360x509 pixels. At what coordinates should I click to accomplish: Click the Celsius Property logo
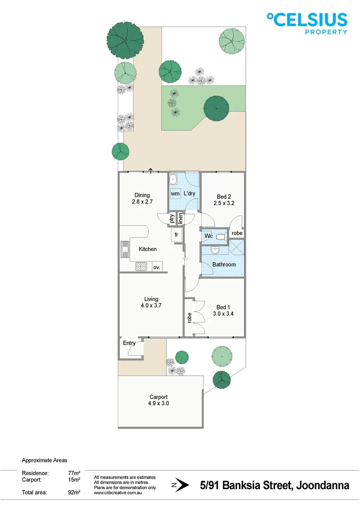click(x=307, y=23)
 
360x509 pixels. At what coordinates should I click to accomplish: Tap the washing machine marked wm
click(x=175, y=194)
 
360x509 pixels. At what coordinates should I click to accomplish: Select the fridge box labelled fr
click(x=176, y=234)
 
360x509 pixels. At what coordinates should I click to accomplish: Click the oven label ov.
click(x=156, y=267)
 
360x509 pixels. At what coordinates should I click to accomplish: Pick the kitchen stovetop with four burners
click(x=141, y=267)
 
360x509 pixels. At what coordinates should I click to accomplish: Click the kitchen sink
click(x=125, y=250)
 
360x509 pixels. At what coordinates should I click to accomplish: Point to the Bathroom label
click(x=224, y=264)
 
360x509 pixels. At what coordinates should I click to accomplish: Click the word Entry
click(x=129, y=343)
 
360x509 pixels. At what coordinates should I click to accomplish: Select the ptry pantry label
click(x=172, y=219)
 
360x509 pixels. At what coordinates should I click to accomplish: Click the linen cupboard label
click(x=180, y=219)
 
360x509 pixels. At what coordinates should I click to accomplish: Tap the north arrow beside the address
click(x=181, y=485)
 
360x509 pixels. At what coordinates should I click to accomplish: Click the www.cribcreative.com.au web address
click(x=118, y=493)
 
